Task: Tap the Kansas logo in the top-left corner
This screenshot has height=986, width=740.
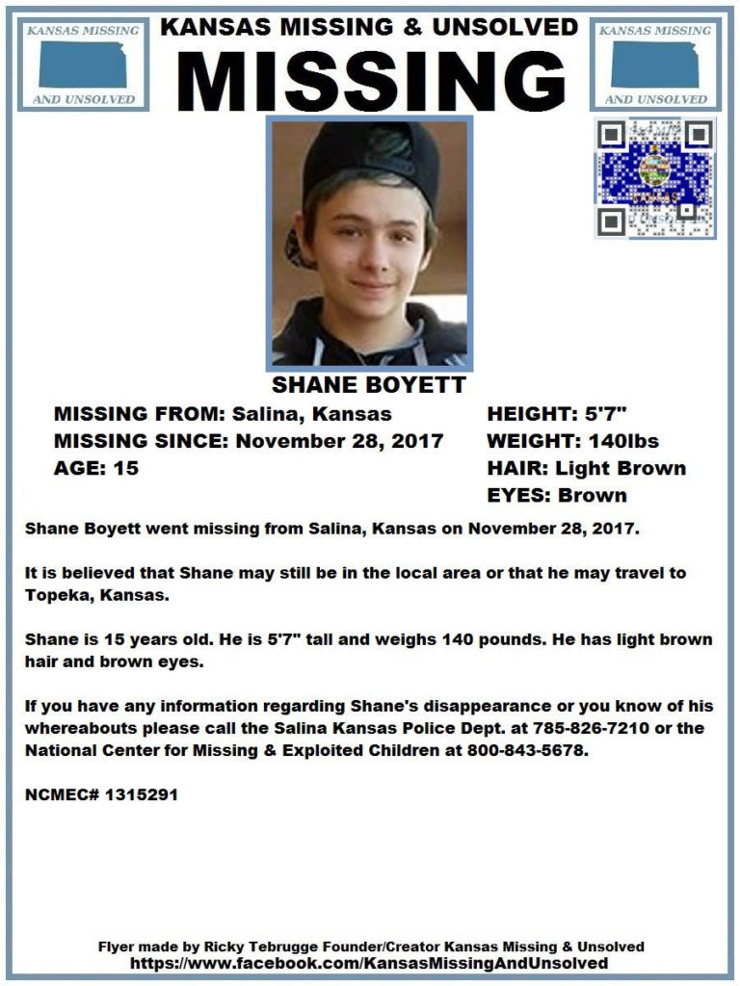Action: tap(83, 65)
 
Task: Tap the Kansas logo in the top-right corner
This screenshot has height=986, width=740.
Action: tap(654, 65)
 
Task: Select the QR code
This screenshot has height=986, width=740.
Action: tap(655, 178)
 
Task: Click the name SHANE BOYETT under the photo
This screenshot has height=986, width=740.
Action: tap(369, 386)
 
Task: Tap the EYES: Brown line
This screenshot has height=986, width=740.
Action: tap(557, 496)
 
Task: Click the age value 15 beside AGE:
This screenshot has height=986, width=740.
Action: tap(125, 469)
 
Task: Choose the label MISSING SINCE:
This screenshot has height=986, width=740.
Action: tap(142, 441)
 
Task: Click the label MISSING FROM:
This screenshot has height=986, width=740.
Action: tap(137, 414)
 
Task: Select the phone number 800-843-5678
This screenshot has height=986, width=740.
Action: tap(526, 751)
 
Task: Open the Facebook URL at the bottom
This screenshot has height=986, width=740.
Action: tap(370, 963)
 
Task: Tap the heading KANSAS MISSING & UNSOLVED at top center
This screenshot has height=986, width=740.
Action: tap(370, 27)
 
